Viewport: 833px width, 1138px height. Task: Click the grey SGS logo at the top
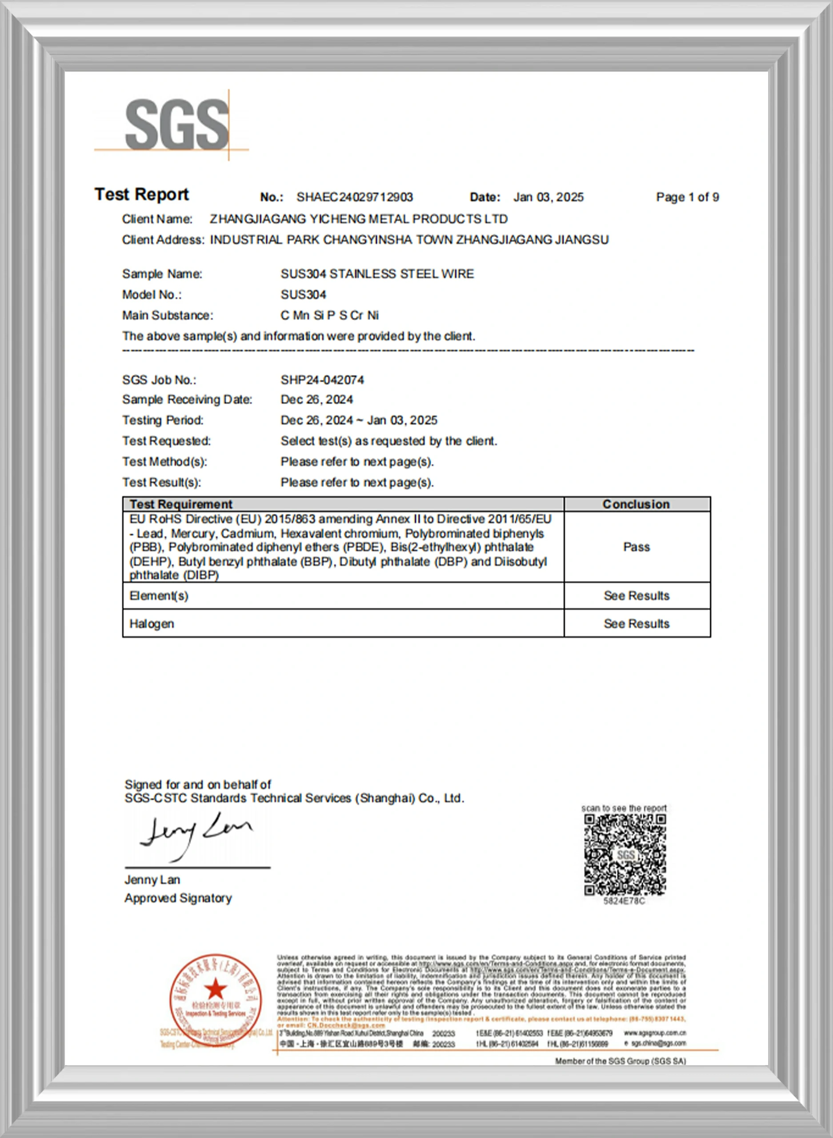[x=176, y=124]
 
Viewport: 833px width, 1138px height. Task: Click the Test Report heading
[x=142, y=195]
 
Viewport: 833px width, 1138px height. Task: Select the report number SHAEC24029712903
[x=354, y=197]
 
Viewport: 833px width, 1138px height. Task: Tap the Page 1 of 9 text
[x=687, y=197]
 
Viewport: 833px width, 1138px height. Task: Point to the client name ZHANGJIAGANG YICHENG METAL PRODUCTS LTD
[x=359, y=219]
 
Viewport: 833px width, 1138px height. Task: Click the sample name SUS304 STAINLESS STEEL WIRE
[x=377, y=274]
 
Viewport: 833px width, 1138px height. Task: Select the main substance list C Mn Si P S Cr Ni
[x=329, y=316]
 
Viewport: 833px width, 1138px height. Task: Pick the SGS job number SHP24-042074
[x=322, y=380]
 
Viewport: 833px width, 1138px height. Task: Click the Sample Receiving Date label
[x=187, y=400]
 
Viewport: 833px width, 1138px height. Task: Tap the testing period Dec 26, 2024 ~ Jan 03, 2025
[x=359, y=421]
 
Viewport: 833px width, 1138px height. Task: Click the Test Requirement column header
[x=181, y=504]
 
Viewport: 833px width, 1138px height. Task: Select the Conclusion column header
[x=637, y=504]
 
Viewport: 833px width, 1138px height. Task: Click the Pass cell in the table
[x=637, y=547]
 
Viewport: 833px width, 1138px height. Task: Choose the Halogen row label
[x=152, y=624]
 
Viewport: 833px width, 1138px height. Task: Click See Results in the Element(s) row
[x=637, y=596]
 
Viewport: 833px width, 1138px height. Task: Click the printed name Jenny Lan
[x=152, y=880]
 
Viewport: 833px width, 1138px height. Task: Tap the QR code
[x=625, y=855]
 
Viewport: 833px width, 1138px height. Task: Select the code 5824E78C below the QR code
[x=624, y=901]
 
